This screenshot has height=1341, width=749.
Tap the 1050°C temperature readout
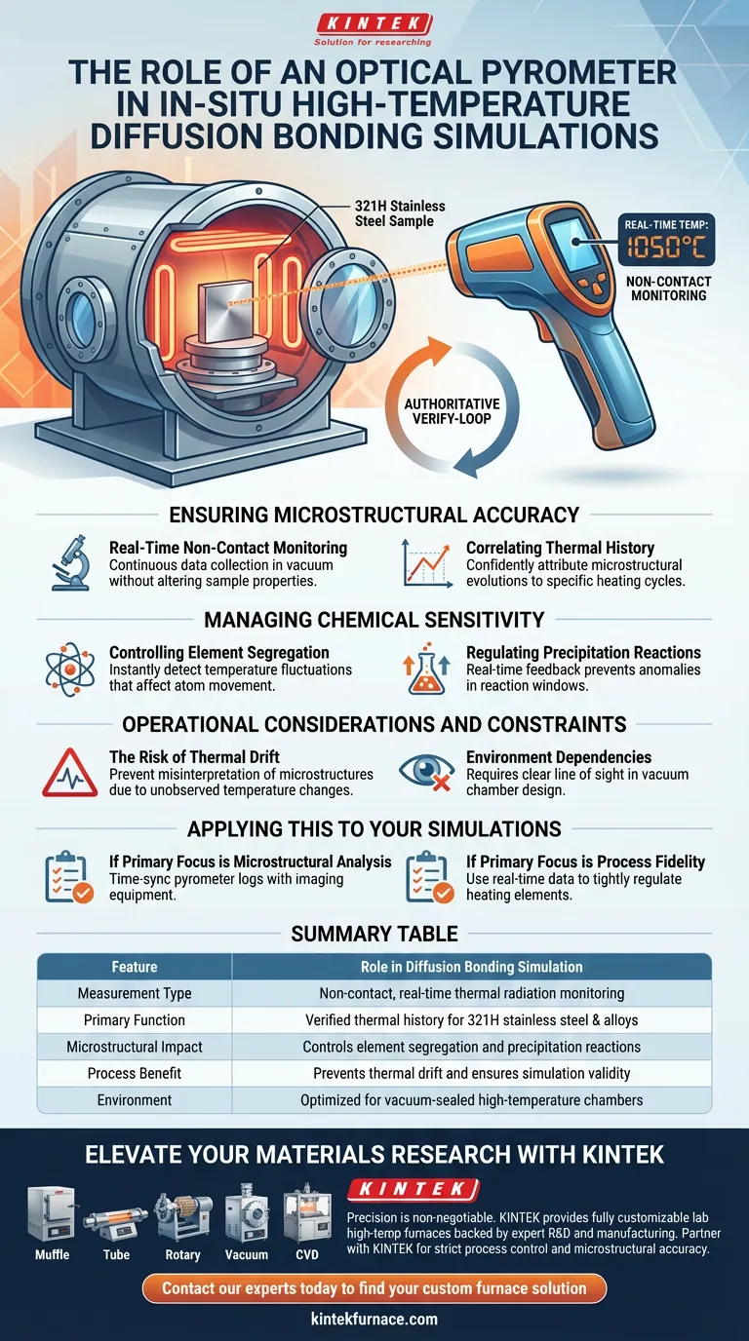tap(666, 247)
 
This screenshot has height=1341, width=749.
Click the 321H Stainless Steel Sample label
tap(400, 213)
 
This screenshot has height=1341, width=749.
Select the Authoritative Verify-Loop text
tap(452, 411)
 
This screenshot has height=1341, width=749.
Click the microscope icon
tap(70, 563)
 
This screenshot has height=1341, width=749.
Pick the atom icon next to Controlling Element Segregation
tap(70, 669)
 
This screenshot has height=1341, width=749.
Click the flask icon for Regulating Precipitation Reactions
tap(426, 669)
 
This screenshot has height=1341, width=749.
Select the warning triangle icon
tap(70, 773)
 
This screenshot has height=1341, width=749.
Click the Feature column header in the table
tap(135, 967)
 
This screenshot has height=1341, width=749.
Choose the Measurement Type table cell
tap(135, 993)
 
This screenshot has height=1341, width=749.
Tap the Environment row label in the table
tap(135, 1099)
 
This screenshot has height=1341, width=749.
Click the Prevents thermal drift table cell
tap(472, 1073)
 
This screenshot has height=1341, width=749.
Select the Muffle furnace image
tap(52, 1214)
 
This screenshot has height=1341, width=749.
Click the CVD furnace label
tap(307, 1254)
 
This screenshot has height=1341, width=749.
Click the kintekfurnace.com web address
tap(374, 1319)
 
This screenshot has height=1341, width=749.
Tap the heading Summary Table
tap(374, 934)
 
